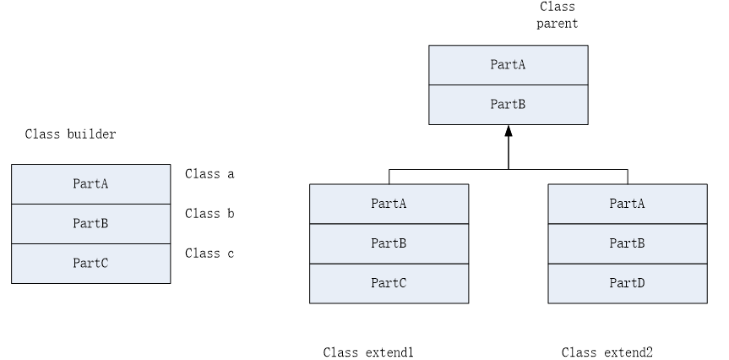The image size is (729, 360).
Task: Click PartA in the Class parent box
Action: [508, 65]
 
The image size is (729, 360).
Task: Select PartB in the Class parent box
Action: [508, 105]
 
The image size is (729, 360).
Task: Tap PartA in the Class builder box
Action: [90, 183]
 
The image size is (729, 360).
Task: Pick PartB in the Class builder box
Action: [90, 223]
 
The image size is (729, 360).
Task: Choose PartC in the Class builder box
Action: [90, 263]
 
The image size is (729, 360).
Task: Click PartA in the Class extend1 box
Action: [389, 203]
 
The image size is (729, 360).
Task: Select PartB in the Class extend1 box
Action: [389, 243]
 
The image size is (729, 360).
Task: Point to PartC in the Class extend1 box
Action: [389, 283]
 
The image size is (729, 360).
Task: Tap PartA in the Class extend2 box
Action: [628, 203]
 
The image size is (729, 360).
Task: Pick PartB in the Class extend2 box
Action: [628, 243]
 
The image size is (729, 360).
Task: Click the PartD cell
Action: [628, 283]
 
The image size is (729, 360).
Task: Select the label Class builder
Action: [70, 134]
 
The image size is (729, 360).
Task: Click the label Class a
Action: [209, 174]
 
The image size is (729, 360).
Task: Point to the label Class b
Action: [209, 214]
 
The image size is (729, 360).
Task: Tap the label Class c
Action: [209, 254]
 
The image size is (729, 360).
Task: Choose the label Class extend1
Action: [368, 352]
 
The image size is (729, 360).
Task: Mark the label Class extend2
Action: [607, 352]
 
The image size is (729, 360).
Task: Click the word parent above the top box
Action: [558, 24]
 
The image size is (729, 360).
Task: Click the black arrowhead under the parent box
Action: [508, 131]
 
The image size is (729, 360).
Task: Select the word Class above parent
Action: [558, 7]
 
